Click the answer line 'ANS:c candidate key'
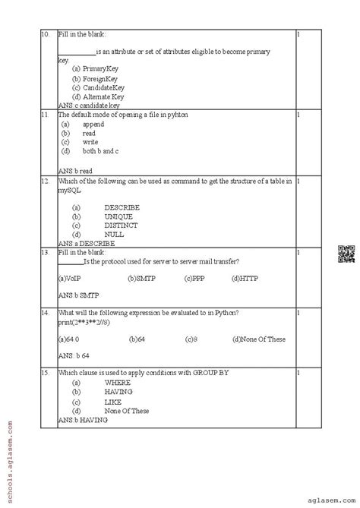(x=89, y=106)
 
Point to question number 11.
(x=46, y=115)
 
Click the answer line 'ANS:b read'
(x=75, y=171)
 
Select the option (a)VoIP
(x=69, y=279)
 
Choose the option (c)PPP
(x=194, y=279)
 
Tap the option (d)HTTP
(x=245, y=279)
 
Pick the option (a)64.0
(x=69, y=338)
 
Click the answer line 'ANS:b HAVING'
(x=83, y=420)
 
